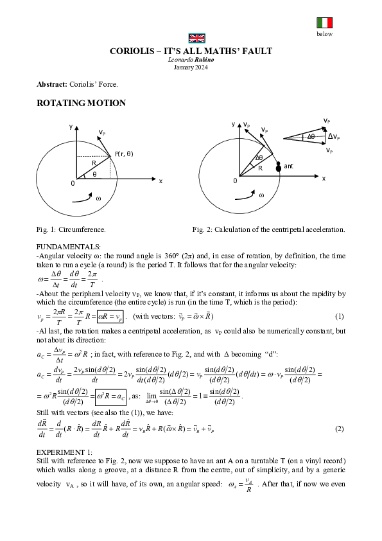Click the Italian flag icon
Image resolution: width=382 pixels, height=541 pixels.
click(x=324, y=23)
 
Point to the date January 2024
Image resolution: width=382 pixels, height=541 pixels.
click(x=191, y=66)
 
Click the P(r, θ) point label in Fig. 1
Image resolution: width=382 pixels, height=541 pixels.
click(x=125, y=154)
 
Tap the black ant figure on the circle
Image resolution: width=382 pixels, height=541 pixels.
click(x=279, y=167)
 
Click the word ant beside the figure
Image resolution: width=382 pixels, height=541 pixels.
click(x=289, y=166)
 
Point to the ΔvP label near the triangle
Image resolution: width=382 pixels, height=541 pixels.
click(x=334, y=136)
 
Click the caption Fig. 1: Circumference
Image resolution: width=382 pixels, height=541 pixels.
click(x=71, y=229)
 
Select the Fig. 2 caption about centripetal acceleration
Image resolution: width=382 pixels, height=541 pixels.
click(x=268, y=229)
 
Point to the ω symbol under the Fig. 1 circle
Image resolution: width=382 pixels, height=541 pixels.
click(x=98, y=199)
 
